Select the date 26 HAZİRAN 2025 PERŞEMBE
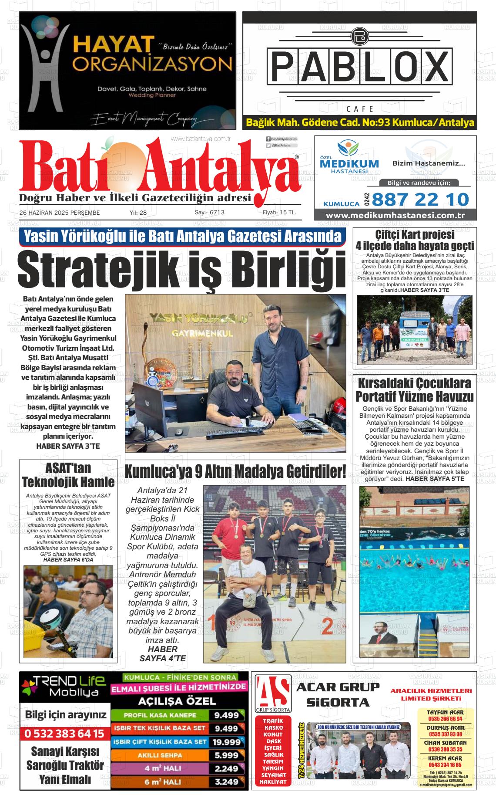click(x=60, y=213)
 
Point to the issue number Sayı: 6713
click(x=209, y=213)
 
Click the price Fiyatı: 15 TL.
click(x=279, y=213)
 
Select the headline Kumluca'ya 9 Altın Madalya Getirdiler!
click(x=235, y=471)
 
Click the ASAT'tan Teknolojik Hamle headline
click(x=68, y=475)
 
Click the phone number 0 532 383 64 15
click(x=64, y=734)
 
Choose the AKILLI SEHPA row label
click(x=160, y=755)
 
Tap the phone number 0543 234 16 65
click(x=445, y=765)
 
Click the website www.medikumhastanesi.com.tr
click(x=395, y=215)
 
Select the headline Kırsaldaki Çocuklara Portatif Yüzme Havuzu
click(x=414, y=390)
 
